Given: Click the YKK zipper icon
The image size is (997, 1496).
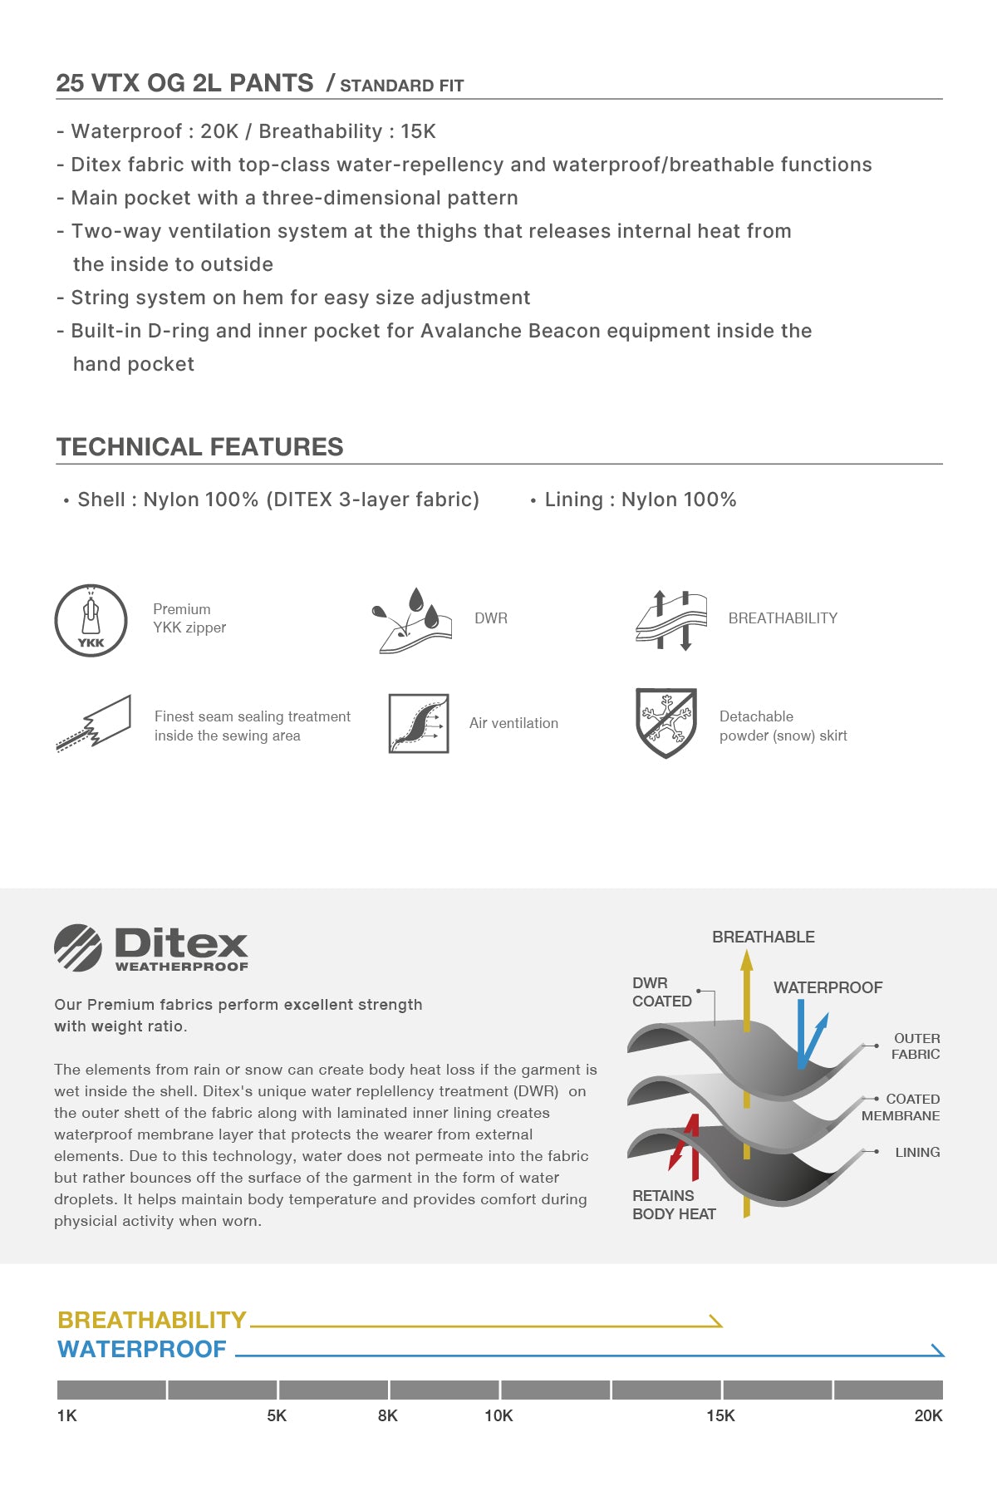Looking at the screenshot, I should [x=91, y=620].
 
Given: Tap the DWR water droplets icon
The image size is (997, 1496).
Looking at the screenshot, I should [x=412, y=620].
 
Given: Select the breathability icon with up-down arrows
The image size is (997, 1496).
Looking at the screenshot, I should [x=671, y=620].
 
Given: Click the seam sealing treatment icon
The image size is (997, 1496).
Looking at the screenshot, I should [x=94, y=723].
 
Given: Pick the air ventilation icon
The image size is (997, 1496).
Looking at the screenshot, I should [x=419, y=723].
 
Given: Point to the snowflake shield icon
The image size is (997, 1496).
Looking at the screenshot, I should [x=665, y=722].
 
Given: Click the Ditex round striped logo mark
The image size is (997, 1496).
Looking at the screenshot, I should [x=78, y=947].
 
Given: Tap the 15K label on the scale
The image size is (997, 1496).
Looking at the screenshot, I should [x=720, y=1415].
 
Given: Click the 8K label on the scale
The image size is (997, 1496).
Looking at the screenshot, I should [x=387, y=1415].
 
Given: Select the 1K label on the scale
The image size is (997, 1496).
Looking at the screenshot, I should [x=67, y=1415].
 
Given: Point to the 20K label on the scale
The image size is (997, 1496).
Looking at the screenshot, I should [x=928, y=1415].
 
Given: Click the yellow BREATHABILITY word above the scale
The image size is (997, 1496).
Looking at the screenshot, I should [x=152, y=1320].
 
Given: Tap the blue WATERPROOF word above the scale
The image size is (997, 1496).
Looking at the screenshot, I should [x=142, y=1349].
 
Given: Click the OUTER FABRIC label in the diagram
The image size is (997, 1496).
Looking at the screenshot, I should [x=916, y=1046].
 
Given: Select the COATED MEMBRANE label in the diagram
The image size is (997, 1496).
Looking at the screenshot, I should [x=901, y=1107].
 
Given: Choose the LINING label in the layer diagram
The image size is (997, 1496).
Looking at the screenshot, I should [x=917, y=1152].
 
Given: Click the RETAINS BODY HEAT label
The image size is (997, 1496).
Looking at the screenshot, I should [x=674, y=1204].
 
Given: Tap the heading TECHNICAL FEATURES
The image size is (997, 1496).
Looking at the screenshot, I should [x=199, y=446].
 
